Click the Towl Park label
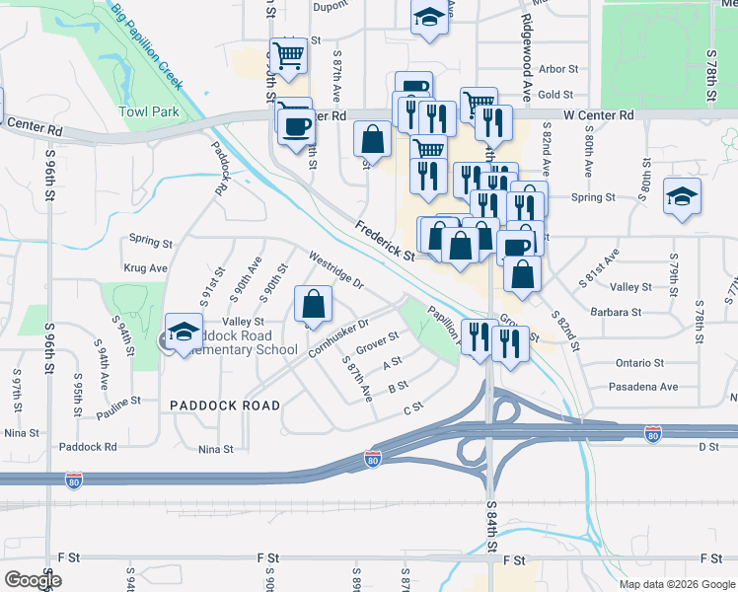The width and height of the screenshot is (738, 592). [x=149, y=111]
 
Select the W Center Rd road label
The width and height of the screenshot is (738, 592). [x=599, y=115]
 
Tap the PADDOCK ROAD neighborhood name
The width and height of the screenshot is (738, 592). [x=224, y=406]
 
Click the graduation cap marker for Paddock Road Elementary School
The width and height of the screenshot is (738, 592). [x=184, y=333]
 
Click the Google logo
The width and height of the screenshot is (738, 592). [x=33, y=580]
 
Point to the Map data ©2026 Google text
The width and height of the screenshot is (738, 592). [x=677, y=584]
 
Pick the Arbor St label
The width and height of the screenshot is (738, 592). [x=557, y=69]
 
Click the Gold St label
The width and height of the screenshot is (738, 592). [x=556, y=95]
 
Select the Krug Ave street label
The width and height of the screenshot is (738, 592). [x=146, y=267]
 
